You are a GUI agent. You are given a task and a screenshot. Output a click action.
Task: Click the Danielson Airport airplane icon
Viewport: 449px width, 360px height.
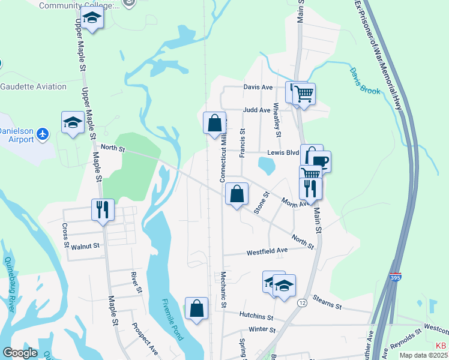42,134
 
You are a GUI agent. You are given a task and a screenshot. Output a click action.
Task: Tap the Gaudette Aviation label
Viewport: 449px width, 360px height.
34,86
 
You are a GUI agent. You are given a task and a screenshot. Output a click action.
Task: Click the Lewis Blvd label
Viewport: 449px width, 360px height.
283,152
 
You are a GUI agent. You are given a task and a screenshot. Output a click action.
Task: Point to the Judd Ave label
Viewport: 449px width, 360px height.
258,110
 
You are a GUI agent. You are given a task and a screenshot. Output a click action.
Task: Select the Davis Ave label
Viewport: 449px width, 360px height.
258,87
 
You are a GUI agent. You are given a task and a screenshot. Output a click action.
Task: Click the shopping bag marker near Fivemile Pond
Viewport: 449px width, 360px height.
196,309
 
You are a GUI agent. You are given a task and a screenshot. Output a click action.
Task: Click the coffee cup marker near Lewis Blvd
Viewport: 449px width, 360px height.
319,161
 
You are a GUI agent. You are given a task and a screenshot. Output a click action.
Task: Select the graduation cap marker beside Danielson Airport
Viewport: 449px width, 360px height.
73,122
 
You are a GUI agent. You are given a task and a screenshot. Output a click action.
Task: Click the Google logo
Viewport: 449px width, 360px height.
20,353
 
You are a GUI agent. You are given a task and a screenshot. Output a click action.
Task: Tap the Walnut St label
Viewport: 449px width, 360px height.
85,245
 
